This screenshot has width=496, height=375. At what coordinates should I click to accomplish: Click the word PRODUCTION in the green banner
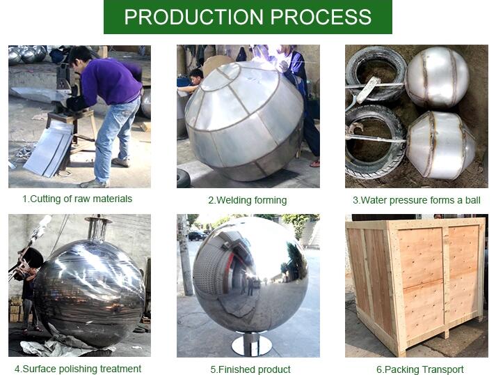pyautogui.click(x=193, y=17)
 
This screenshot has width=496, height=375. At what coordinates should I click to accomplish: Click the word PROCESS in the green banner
pyautogui.click(x=321, y=17)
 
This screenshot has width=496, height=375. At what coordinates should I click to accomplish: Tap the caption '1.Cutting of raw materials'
pyautogui.click(x=77, y=199)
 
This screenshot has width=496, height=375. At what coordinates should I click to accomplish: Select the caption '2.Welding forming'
pyautogui.click(x=248, y=200)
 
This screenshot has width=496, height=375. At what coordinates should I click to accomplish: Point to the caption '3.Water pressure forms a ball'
pyautogui.click(x=417, y=200)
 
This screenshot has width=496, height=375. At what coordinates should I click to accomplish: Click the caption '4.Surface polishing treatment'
pyautogui.click(x=78, y=369)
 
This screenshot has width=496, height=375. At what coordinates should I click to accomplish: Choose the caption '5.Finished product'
pyautogui.click(x=250, y=369)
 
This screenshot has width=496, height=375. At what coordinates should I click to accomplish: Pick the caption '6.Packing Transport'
pyautogui.click(x=420, y=369)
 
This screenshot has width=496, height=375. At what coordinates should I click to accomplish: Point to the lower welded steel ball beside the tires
pyautogui.click(x=440, y=144)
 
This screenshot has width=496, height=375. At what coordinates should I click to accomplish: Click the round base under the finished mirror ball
pyautogui.click(x=252, y=346)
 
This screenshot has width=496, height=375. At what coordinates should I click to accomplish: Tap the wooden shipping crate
pyautogui.click(x=416, y=285)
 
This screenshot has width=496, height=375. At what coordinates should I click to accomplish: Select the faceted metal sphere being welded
pyautogui.click(x=244, y=121)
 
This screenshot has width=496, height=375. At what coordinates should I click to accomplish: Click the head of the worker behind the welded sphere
pyautogui.click(x=195, y=76)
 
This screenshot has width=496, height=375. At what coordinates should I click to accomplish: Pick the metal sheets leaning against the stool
pyautogui.click(x=49, y=150)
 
